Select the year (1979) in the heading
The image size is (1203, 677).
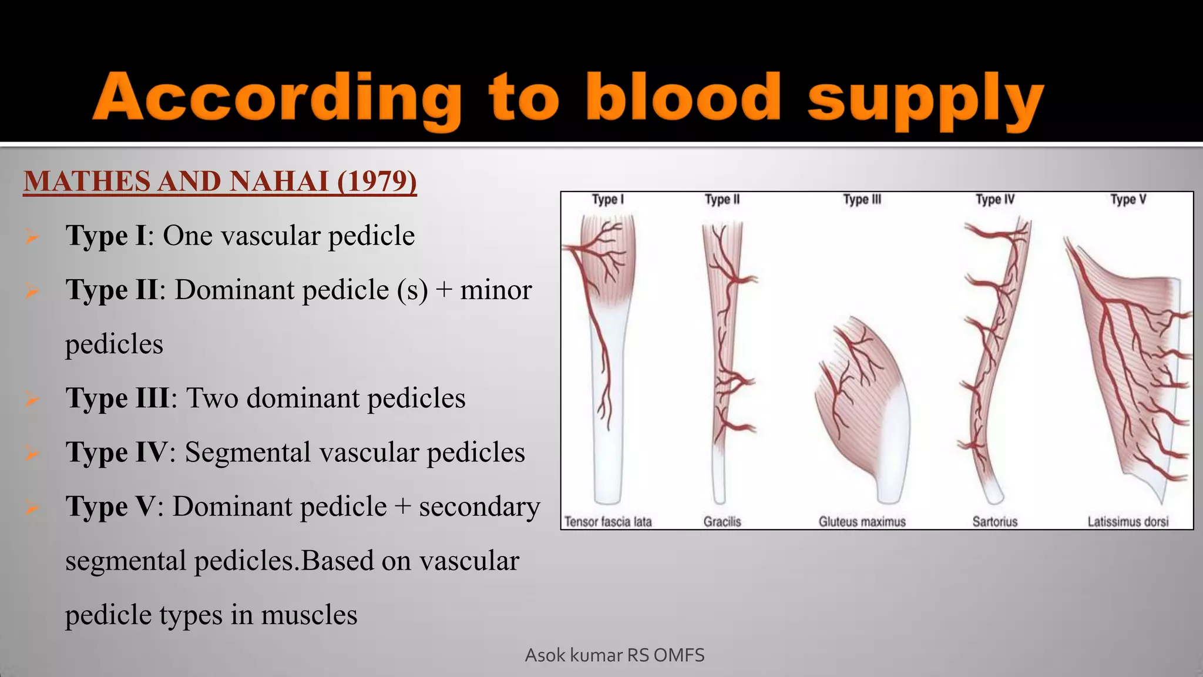coord(377,181)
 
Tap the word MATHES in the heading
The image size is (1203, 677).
coord(86,181)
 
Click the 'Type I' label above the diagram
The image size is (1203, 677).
coord(607,200)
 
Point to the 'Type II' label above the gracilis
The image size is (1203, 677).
coord(722,200)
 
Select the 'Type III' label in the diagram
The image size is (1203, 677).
coord(862,200)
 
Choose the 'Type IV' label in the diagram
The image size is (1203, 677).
coord(994,200)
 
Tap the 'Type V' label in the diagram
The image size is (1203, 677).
coord(1128,200)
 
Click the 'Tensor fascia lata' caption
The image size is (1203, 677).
coord(608,521)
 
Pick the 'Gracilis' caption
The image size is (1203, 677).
coord(722,521)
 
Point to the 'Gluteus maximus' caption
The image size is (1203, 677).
coord(862,521)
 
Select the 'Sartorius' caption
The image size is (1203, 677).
coord(994,521)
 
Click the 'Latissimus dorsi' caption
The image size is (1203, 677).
coord(1128,521)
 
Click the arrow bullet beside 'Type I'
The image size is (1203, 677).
coord(32,236)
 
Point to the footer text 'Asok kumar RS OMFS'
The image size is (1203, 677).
coord(614,655)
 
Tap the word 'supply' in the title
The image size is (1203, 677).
coord(925,100)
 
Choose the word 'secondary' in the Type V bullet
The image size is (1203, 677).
coord(479,507)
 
